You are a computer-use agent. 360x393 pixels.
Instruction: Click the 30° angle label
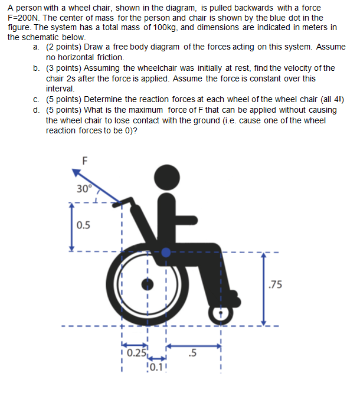point(84,189)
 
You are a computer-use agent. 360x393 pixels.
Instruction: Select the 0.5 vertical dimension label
point(84,225)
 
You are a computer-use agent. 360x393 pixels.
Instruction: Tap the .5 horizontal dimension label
point(191,354)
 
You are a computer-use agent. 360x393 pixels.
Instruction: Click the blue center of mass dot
point(166,252)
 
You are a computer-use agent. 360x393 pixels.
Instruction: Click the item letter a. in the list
point(37,47)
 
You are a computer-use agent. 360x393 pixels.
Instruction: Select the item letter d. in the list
point(37,110)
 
